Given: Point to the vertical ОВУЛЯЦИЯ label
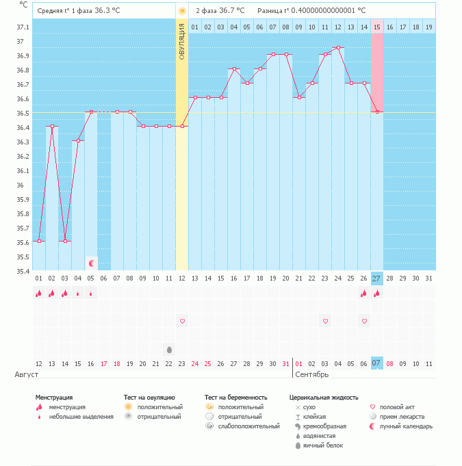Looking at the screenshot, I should [182, 42].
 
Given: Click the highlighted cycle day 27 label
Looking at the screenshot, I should [377, 279].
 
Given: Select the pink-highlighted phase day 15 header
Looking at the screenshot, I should [377, 27].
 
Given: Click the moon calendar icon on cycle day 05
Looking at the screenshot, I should [91, 263].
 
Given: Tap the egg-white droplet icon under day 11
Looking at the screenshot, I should [169, 349].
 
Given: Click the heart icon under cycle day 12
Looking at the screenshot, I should [182, 321].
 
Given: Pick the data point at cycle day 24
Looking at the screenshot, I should [338, 48].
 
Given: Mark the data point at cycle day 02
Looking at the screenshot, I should [52, 126].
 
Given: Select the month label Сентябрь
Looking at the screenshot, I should [311, 375].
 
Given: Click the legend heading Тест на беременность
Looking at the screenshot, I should [245, 397].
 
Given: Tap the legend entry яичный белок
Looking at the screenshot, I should [324, 445].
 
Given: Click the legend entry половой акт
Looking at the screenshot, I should [400, 407].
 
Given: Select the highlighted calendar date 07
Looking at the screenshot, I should [377, 363].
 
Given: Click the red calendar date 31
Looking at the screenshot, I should [286, 363].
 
